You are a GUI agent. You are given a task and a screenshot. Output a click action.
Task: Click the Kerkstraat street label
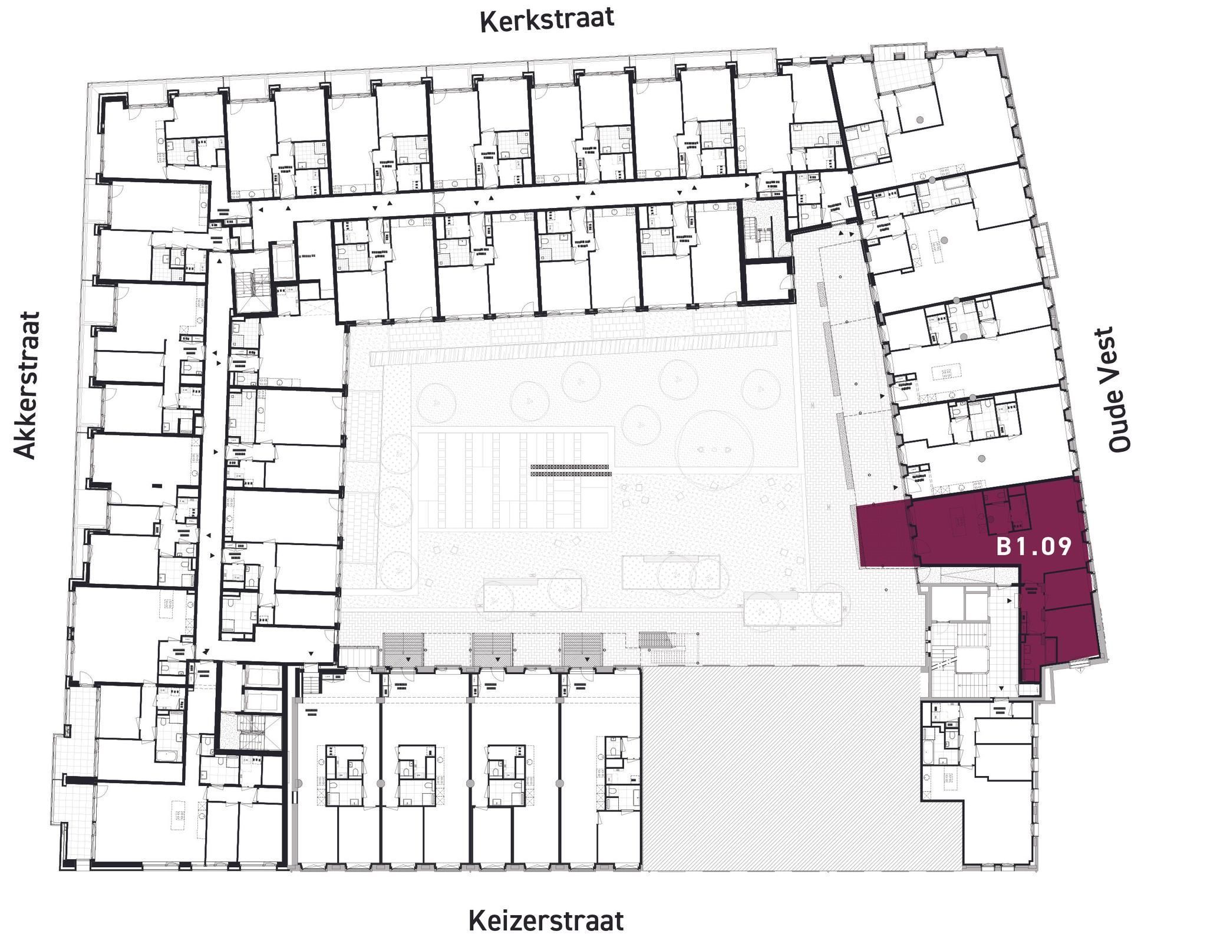(x=547, y=19)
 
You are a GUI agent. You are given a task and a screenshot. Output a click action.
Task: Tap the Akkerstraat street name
(x=27, y=385)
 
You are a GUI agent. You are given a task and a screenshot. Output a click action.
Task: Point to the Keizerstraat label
(x=546, y=920)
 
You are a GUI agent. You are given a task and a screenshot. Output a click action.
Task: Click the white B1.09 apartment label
(x=1033, y=547)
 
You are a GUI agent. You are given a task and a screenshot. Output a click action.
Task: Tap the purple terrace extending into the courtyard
(x=884, y=534)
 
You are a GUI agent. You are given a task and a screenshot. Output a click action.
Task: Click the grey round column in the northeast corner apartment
(x=919, y=120)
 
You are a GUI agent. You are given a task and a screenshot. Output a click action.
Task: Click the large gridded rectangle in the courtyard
(x=513, y=480)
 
